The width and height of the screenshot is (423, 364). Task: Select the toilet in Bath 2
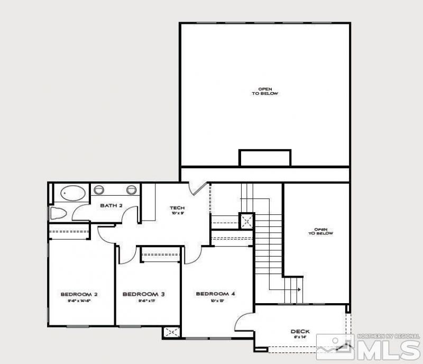57,214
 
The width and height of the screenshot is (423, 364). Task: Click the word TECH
177,207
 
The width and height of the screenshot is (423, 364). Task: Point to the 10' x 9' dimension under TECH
177,213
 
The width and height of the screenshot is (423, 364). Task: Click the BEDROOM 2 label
79,294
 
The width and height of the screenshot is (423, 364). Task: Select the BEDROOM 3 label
140,294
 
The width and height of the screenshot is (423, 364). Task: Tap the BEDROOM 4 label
215,294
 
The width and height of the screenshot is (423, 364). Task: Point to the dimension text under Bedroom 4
215,300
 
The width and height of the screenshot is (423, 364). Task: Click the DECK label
300,332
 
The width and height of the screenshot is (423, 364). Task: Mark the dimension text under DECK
300,337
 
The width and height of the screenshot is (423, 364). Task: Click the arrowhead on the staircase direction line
299,289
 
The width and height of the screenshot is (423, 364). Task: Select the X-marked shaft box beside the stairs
246,221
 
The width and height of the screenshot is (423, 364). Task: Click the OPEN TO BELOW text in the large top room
264,91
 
